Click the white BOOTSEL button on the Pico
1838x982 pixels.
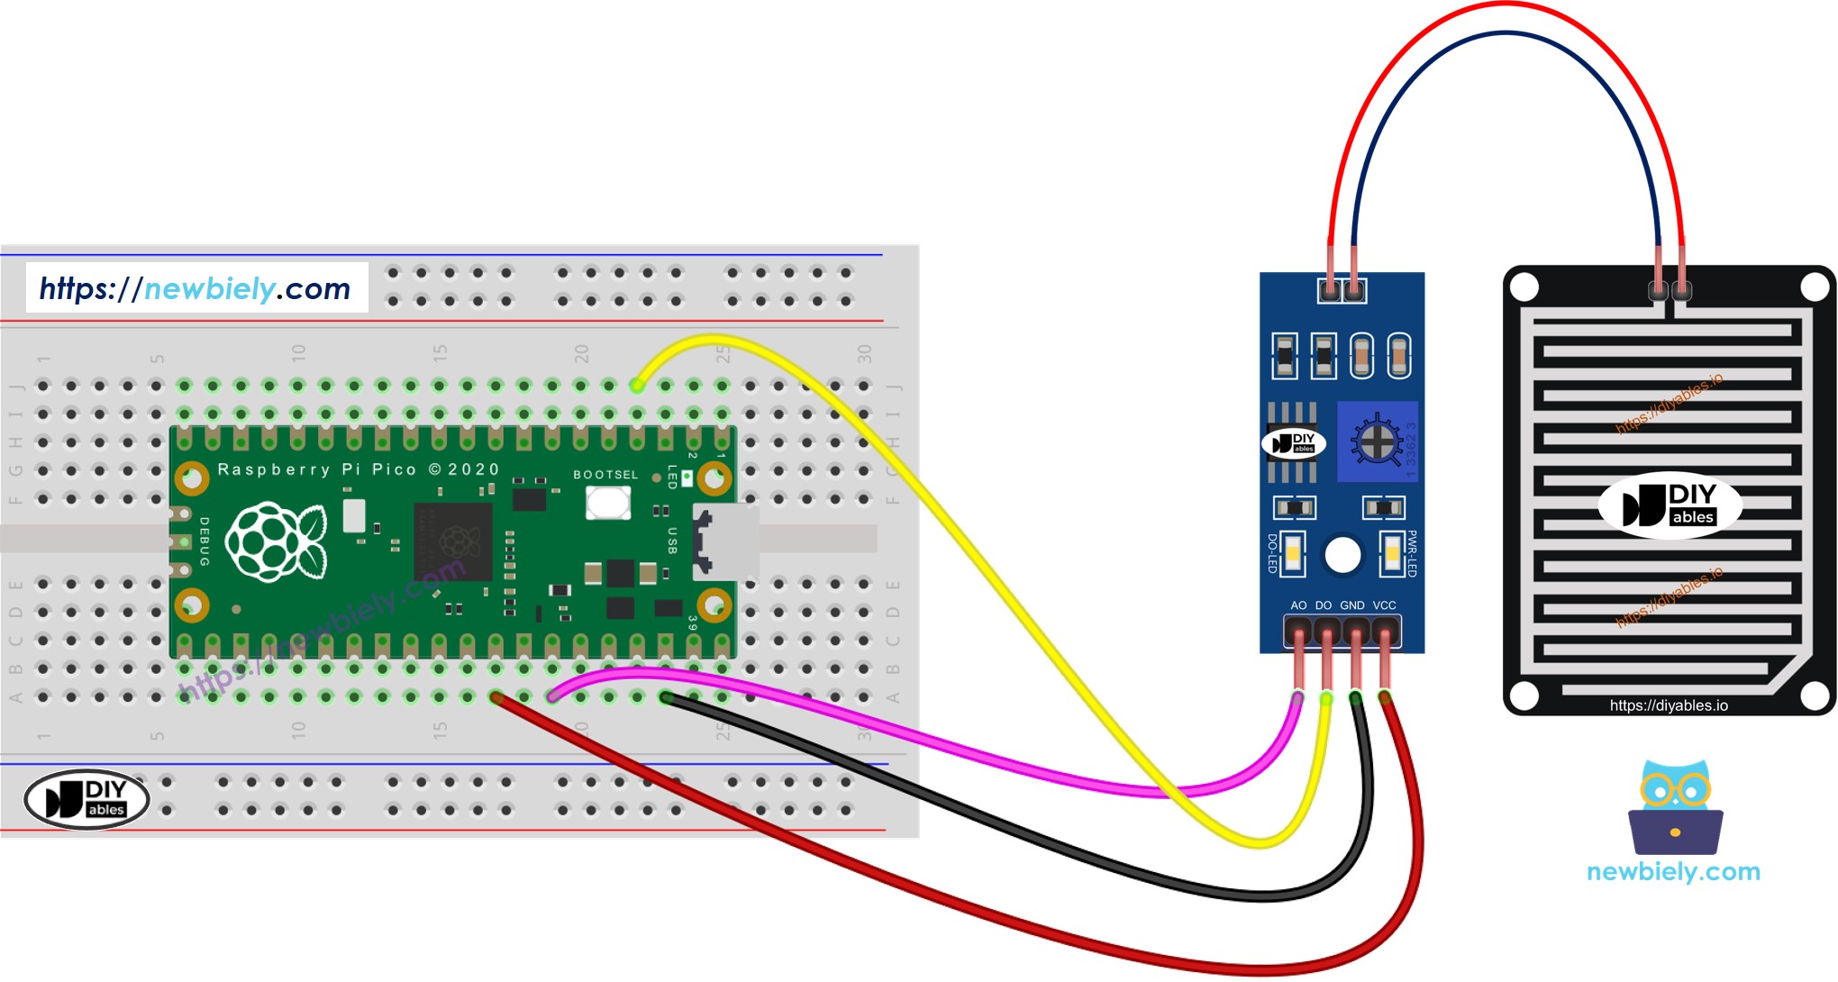pyautogui.click(x=608, y=502)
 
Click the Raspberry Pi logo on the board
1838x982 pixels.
pyautogui.click(x=276, y=541)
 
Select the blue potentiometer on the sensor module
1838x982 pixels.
pyautogui.click(x=1377, y=441)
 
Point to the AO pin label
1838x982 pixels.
pyautogui.click(x=1298, y=605)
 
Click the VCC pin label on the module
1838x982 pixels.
pyautogui.click(x=1385, y=605)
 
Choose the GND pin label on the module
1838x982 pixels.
pyautogui.click(x=1352, y=605)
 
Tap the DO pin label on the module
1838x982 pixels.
pyautogui.click(x=1324, y=605)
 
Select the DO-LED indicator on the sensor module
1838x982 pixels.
pyautogui.click(x=1293, y=552)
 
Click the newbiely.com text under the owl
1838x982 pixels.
pyautogui.click(x=1673, y=872)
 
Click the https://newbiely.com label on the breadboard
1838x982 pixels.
pyautogui.click(x=196, y=288)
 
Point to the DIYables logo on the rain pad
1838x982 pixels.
pyautogui.click(x=1670, y=505)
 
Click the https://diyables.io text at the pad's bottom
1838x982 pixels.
pyautogui.click(x=1669, y=705)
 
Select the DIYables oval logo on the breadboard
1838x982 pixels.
pyautogui.click(x=86, y=798)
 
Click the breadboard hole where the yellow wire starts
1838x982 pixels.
pyautogui.click(x=637, y=386)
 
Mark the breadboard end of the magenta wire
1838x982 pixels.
pyautogui.click(x=552, y=696)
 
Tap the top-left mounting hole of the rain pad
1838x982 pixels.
pyautogui.click(x=1524, y=287)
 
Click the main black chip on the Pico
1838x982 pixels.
pyautogui.click(x=453, y=541)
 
